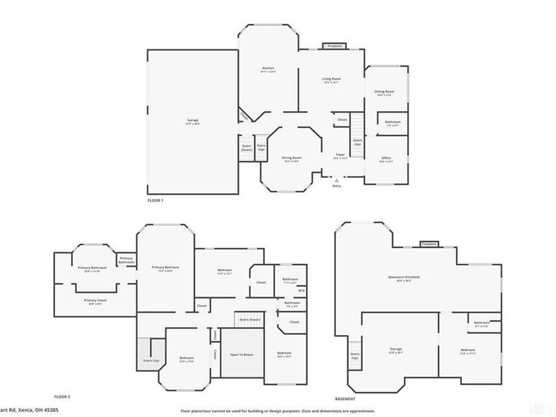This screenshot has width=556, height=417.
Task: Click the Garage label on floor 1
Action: pos(193,120)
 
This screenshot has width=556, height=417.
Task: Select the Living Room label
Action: pos(331,79)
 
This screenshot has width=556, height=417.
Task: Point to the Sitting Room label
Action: pos(385,92)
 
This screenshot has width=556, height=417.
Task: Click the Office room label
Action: pos(386,158)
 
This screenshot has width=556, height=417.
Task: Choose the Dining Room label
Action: pos(291,158)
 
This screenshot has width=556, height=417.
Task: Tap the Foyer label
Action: pos(341,154)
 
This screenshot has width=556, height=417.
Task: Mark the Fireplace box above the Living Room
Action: pos(334,47)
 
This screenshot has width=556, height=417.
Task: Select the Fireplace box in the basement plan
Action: pos(429,244)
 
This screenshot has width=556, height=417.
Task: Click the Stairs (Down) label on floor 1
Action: pos(246,148)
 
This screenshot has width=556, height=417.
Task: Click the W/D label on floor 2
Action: pos(302,291)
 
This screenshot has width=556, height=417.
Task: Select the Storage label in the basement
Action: pos(395,349)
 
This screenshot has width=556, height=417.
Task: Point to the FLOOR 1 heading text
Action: pos(155,200)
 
